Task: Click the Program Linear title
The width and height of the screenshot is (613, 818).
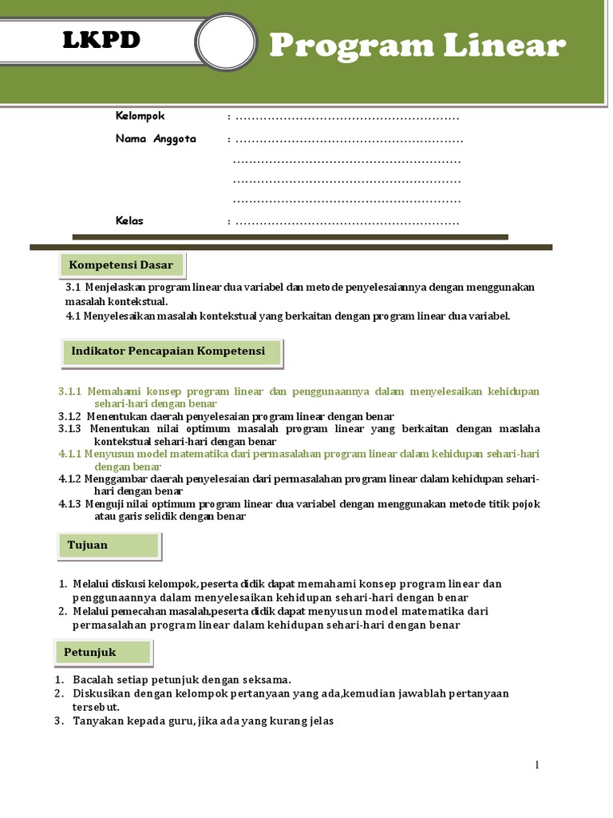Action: tap(417, 46)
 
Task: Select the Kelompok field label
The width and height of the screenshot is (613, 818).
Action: tap(140, 116)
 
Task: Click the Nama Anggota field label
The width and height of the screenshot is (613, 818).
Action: tap(156, 139)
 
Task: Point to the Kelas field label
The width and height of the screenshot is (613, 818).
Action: tap(129, 220)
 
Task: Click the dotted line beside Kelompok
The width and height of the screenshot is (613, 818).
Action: tap(347, 117)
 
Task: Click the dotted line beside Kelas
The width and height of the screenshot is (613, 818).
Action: tap(347, 222)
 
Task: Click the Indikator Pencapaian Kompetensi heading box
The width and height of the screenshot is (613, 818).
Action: tap(172, 351)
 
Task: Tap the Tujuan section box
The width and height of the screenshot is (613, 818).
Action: tap(109, 546)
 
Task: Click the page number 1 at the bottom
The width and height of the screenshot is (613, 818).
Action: tap(537, 765)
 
